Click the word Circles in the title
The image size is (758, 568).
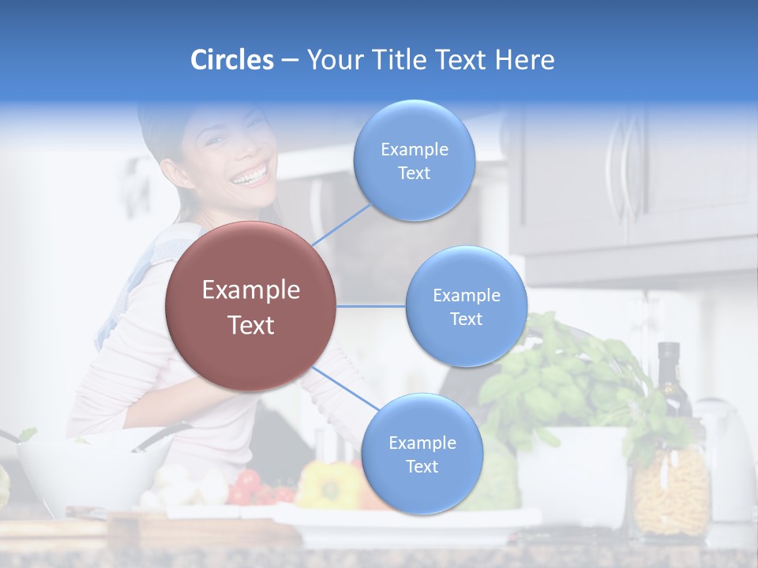point(232,60)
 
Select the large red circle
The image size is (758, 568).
point(250,306)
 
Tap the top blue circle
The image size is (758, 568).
point(414,160)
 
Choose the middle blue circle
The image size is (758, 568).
point(466,306)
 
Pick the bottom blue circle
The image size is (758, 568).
point(422,454)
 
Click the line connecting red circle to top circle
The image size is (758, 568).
point(341,223)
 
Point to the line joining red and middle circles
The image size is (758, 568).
point(370,306)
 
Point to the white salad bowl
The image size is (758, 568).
point(91,473)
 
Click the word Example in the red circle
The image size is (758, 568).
point(250,290)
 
